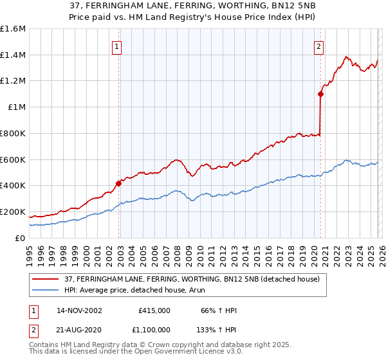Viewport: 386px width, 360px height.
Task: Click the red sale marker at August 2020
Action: pos(320,94)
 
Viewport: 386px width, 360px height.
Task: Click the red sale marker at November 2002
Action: pos(119,183)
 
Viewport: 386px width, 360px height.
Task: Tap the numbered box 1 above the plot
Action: pos(116,46)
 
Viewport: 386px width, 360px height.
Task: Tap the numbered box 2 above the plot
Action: pos(318,46)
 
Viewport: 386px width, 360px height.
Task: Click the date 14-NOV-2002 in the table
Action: pos(79,310)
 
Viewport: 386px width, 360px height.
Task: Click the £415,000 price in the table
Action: pos(154,310)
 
